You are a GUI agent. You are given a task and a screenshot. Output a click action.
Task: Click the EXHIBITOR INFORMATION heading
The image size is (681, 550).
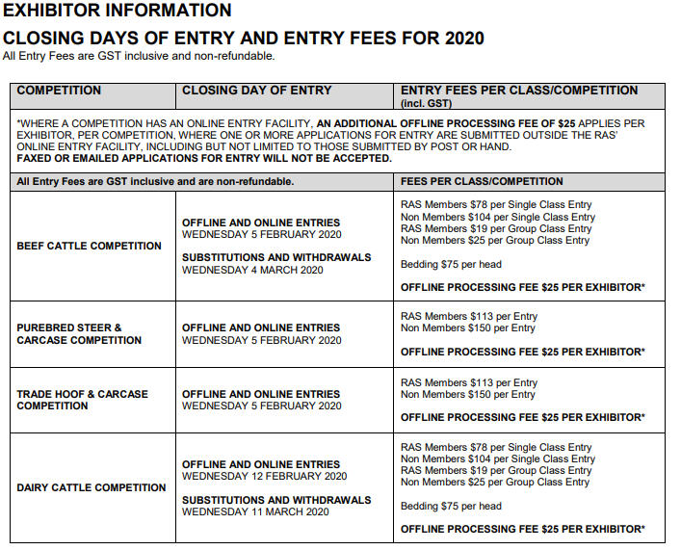tap(118, 12)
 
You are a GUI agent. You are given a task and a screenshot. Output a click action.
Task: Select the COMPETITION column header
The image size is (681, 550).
tap(59, 91)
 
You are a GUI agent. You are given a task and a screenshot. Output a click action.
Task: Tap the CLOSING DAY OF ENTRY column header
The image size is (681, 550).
tap(256, 91)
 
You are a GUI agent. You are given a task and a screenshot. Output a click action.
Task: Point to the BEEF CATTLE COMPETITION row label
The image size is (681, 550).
tap(90, 246)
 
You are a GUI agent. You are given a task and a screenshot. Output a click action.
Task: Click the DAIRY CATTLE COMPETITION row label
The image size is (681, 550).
tap(92, 487)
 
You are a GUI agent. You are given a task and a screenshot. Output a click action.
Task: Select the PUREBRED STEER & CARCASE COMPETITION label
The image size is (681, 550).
tap(79, 333)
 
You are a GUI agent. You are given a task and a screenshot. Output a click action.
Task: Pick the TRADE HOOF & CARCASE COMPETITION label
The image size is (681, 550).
tap(82, 400)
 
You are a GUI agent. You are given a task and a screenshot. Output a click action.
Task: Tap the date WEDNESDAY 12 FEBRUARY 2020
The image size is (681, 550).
tap(264, 476)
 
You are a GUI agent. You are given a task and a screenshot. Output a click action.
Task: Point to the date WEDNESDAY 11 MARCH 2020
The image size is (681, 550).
tap(255, 511)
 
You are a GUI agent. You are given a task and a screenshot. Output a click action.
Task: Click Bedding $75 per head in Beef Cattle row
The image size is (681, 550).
tap(451, 264)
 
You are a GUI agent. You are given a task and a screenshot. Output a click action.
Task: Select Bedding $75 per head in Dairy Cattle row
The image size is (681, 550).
tap(451, 506)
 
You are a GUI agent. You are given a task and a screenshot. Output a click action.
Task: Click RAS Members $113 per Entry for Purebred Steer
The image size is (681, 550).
tap(469, 316)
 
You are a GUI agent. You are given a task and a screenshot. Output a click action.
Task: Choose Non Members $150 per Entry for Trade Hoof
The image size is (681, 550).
tap(467, 394)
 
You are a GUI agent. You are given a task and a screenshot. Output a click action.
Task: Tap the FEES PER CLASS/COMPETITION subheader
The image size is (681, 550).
tap(482, 181)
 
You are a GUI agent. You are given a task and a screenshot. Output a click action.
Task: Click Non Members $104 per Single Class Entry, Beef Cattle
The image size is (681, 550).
tap(497, 217)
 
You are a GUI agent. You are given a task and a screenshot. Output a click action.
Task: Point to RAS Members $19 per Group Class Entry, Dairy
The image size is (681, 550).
tap(496, 471)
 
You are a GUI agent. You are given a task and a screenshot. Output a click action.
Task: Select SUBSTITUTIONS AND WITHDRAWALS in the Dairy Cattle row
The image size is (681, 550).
tap(276, 500)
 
